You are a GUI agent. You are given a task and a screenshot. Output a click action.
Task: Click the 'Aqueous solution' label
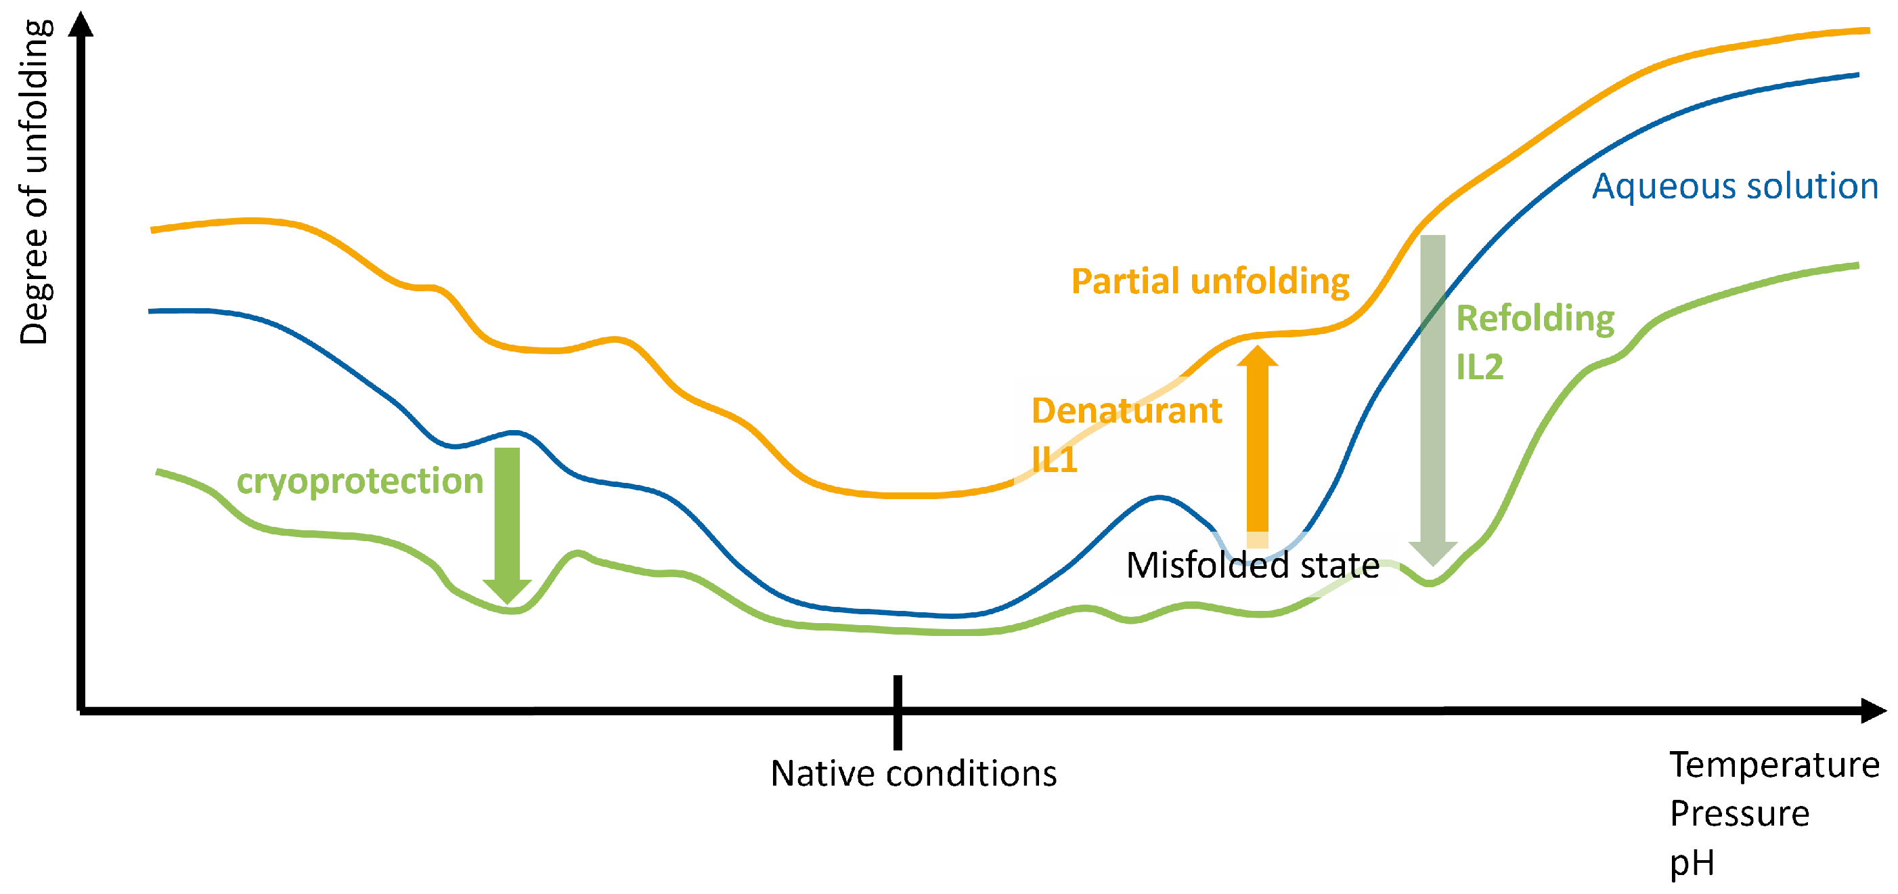(x=1735, y=186)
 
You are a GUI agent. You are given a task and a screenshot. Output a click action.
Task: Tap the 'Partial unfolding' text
(x=1210, y=282)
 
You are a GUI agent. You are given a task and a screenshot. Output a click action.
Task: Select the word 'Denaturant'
(x=1126, y=410)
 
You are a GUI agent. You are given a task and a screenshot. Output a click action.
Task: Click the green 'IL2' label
(x=1480, y=367)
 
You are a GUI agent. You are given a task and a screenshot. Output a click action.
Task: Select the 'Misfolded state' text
(x=1252, y=566)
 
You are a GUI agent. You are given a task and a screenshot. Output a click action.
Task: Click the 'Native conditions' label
(x=914, y=774)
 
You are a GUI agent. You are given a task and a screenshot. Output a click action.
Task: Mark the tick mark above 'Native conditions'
(x=898, y=712)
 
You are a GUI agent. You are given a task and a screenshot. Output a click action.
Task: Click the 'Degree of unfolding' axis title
(x=34, y=182)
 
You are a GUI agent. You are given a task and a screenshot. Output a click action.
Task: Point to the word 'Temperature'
(x=1774, y=765)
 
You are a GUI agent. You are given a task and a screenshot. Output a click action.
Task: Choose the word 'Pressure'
(x=1739, y=813)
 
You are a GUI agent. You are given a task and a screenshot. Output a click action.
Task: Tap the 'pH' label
(x=1692, y=864)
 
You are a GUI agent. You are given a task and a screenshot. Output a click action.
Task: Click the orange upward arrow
(x=1257, y=446)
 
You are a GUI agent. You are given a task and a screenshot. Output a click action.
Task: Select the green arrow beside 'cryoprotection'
(x=507, y=526)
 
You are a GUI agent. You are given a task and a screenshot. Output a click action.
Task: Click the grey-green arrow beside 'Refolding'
(x=1432, y=400)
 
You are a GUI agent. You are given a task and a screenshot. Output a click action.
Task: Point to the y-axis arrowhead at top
(x=81, y=22)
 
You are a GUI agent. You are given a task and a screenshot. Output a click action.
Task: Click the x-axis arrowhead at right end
(x=1873, y=710)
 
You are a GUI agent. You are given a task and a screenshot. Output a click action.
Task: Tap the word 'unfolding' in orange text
(x=1270, y=282)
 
